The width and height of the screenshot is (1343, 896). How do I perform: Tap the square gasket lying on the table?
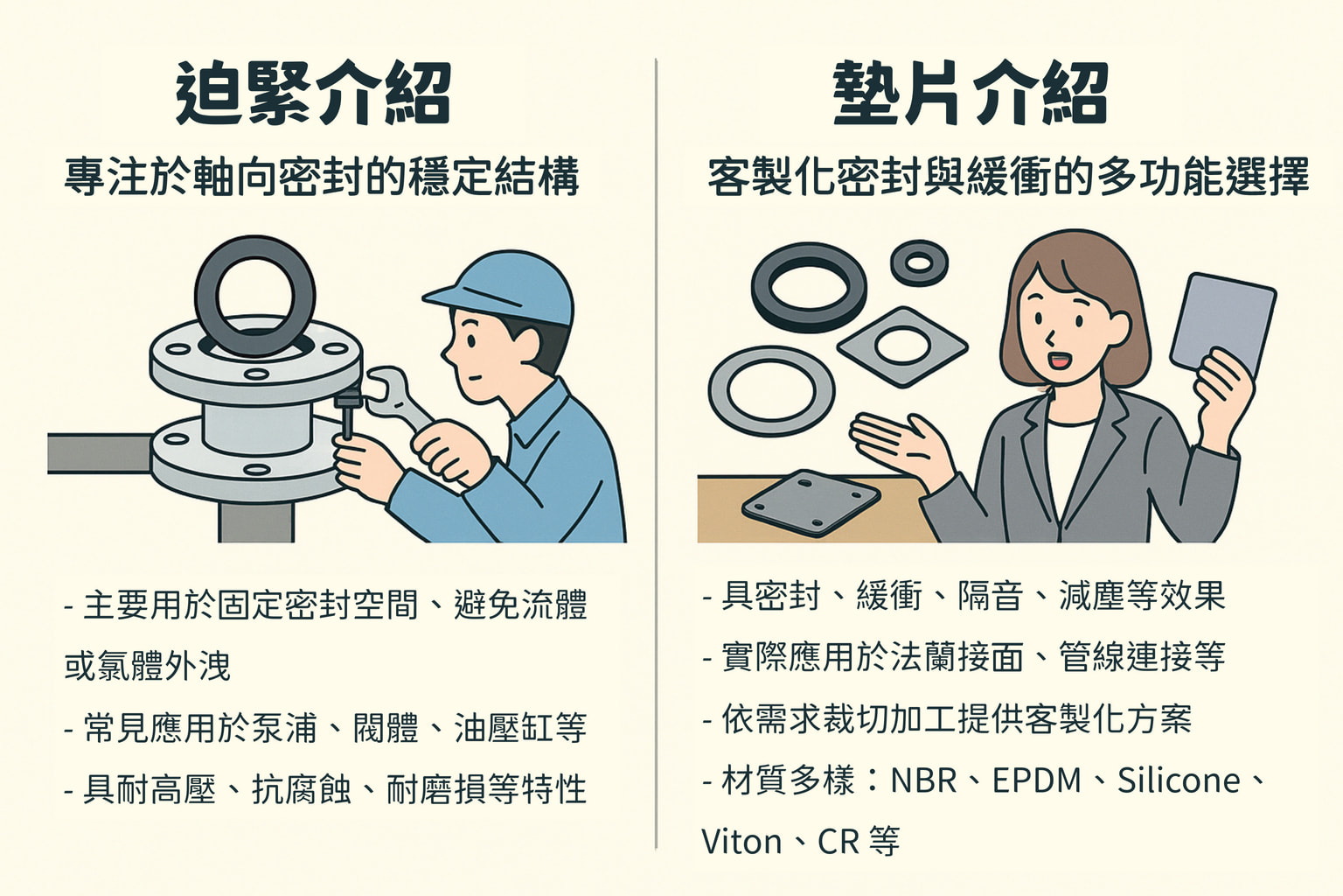tap(811, 503)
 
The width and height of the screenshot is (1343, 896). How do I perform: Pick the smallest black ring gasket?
tap(919, 262)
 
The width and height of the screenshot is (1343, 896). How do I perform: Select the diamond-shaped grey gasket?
tap(901, 346)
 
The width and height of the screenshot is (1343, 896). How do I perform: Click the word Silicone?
tap(1179, 780)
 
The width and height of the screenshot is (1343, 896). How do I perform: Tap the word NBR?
tap(923, 780)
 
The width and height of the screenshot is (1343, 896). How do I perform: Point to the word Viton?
tap(741, 842)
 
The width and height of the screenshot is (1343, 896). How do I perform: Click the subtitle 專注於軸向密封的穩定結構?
tap(322, 177)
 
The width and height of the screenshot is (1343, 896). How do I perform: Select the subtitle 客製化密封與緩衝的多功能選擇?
tap(1007, 177)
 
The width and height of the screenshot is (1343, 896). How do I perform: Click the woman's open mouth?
tap(1059, 359)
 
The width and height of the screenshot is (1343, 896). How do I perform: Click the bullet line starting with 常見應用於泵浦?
tap(325, 728)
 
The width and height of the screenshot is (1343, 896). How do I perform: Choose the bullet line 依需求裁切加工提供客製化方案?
tap(948, 719)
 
